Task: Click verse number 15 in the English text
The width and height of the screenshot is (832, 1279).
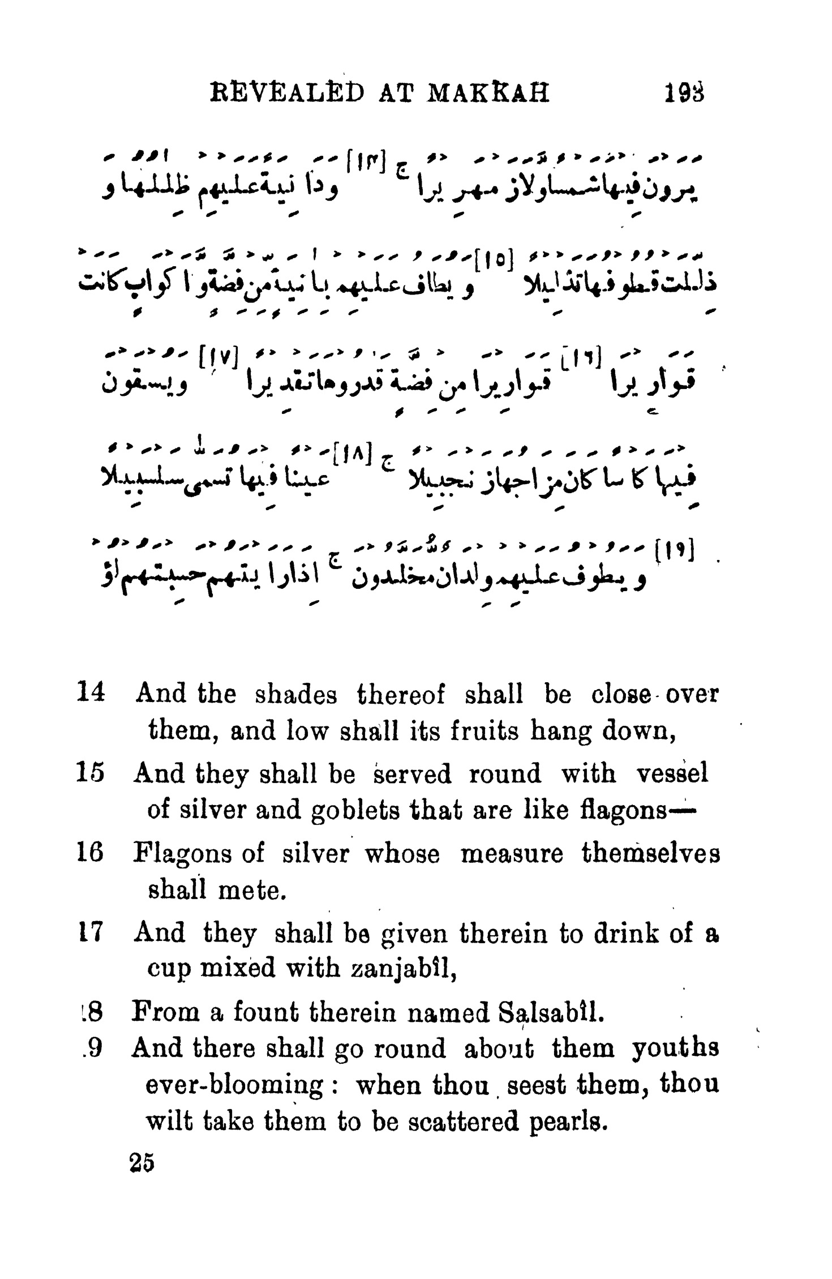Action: click(89, 773)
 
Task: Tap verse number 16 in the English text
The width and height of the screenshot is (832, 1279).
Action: click(89, 854)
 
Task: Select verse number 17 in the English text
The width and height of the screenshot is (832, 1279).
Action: click(89, 932)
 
